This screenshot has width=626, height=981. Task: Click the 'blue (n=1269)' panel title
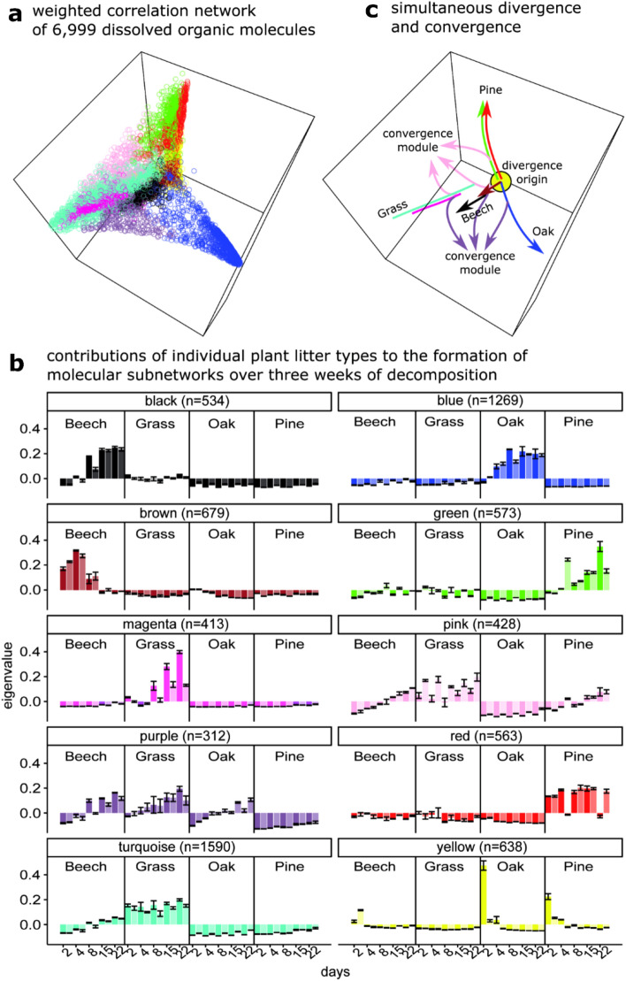click(475, 402)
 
